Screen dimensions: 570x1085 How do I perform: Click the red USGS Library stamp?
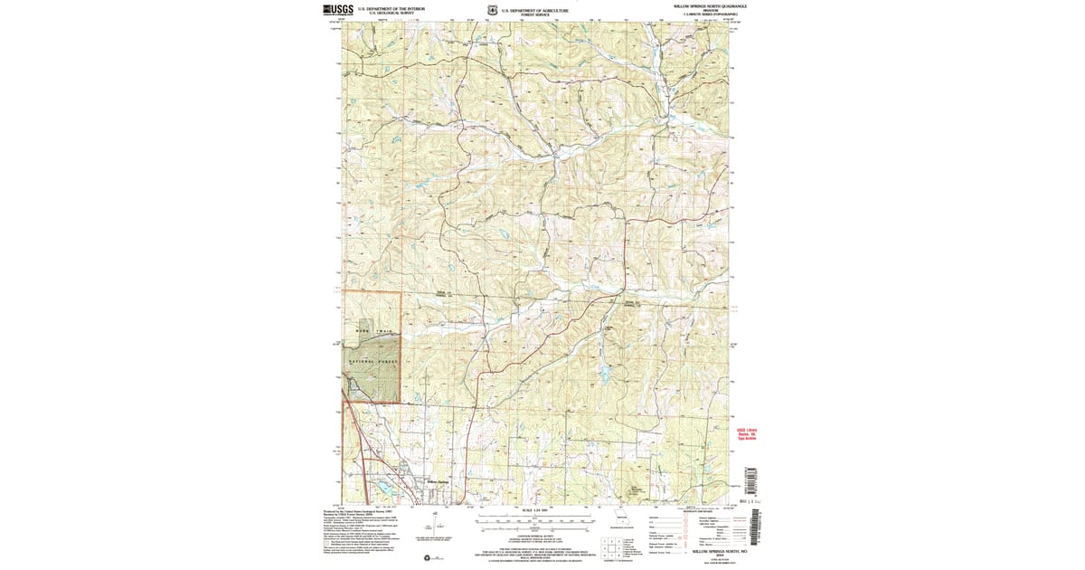[x=746, y=434]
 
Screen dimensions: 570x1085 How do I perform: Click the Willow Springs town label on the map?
[x=437, y=482]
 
